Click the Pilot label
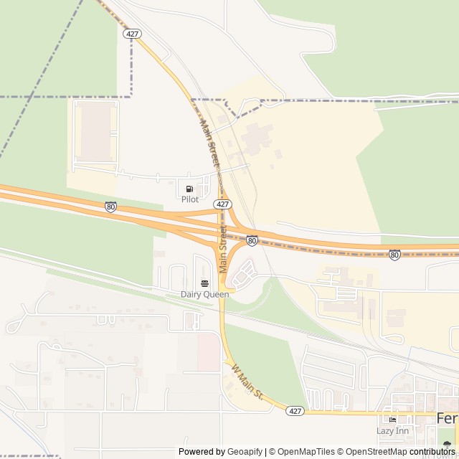[x=189, y=199]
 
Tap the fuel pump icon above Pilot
[x=189, y=189]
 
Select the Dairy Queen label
[x=205, y=294]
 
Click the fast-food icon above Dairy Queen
[x=205, y=283]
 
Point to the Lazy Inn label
[x=392, y=430]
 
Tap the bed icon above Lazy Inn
[x=392, y=420]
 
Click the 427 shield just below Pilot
[x=222, y=204]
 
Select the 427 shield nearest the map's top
[x=131, y=34]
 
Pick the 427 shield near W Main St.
[x=295, y=411]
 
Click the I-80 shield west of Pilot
[x=110, y=207]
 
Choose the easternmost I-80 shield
[x=394, y=255]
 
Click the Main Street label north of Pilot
[x=209, y=144]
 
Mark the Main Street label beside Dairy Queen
[x=223, y=249]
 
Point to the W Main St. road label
[x=247, y=382]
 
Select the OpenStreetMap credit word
[x=377, y=452]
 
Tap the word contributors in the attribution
[x=432, y=452]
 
